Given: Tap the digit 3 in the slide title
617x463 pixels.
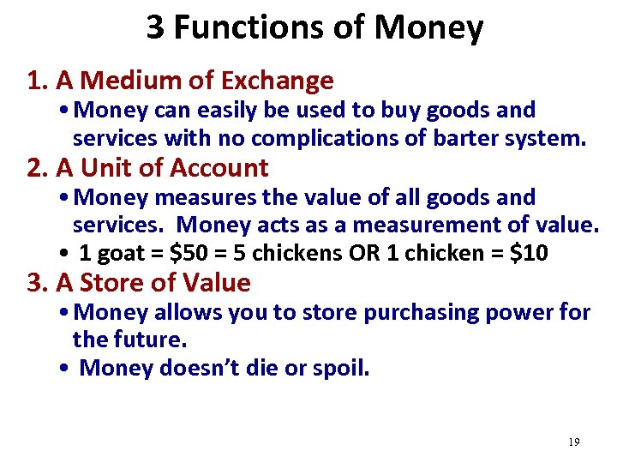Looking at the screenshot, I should [x=155, y=27].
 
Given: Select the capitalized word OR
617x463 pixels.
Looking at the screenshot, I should [x=380, y=254].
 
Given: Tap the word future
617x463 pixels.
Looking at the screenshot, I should [x=151, y=340].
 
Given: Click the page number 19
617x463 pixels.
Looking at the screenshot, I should [x=573, y=442].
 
